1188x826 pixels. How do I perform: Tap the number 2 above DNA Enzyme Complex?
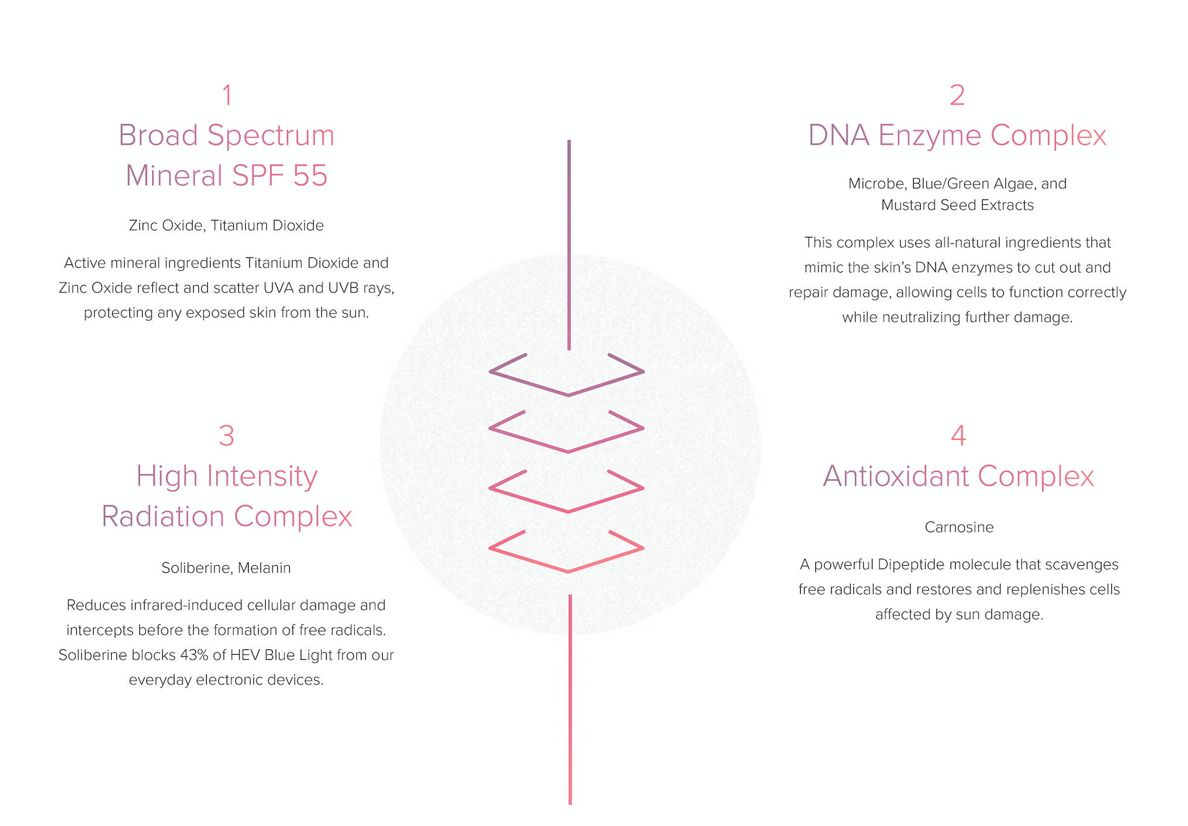(957, 95)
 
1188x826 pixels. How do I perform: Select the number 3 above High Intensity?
(226, 436)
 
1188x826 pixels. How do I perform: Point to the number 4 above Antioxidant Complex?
(958, 435)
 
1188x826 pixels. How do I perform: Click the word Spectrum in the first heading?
(271, 136)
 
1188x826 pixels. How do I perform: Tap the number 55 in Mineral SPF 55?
(310, 175)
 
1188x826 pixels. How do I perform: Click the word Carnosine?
(959, 527)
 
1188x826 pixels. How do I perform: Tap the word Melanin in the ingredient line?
(264, 568)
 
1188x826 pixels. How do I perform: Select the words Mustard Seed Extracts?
(957, 205)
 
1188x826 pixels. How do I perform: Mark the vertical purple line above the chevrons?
(569, 245)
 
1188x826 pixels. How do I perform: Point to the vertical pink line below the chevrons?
(570, 700)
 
